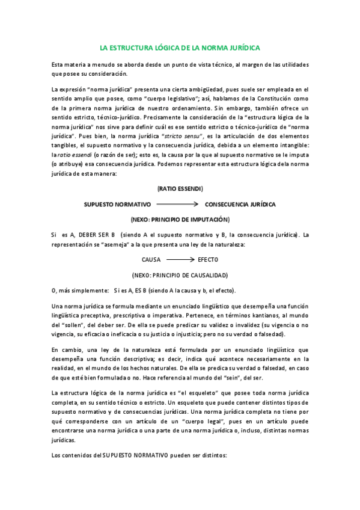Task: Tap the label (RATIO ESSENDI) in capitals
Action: click(x=180, y=189)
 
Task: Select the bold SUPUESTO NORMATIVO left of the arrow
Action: click(x=117, y=204)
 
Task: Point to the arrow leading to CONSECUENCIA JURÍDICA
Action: click(x=178, y=204)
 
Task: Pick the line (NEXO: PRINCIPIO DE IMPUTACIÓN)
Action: click(x=180, y=220)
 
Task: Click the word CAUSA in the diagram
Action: click(x=151, y=260)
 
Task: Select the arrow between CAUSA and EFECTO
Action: click(x=180, y=260)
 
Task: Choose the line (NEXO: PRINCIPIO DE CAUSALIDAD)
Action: click(x=180, y=275)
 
